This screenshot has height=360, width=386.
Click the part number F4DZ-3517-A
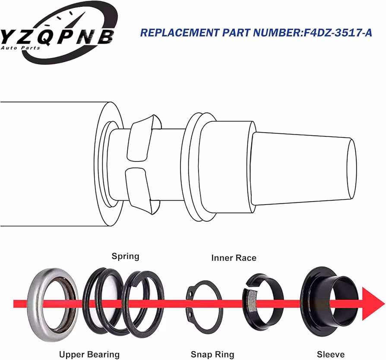click(x=338, y=33)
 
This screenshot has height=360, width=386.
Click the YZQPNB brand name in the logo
click(x=57, y=37)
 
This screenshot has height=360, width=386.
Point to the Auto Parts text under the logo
click(x=20, y=48)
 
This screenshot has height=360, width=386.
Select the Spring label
click(x=126, y=256)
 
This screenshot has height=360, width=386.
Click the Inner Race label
click(x=234, y=258)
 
